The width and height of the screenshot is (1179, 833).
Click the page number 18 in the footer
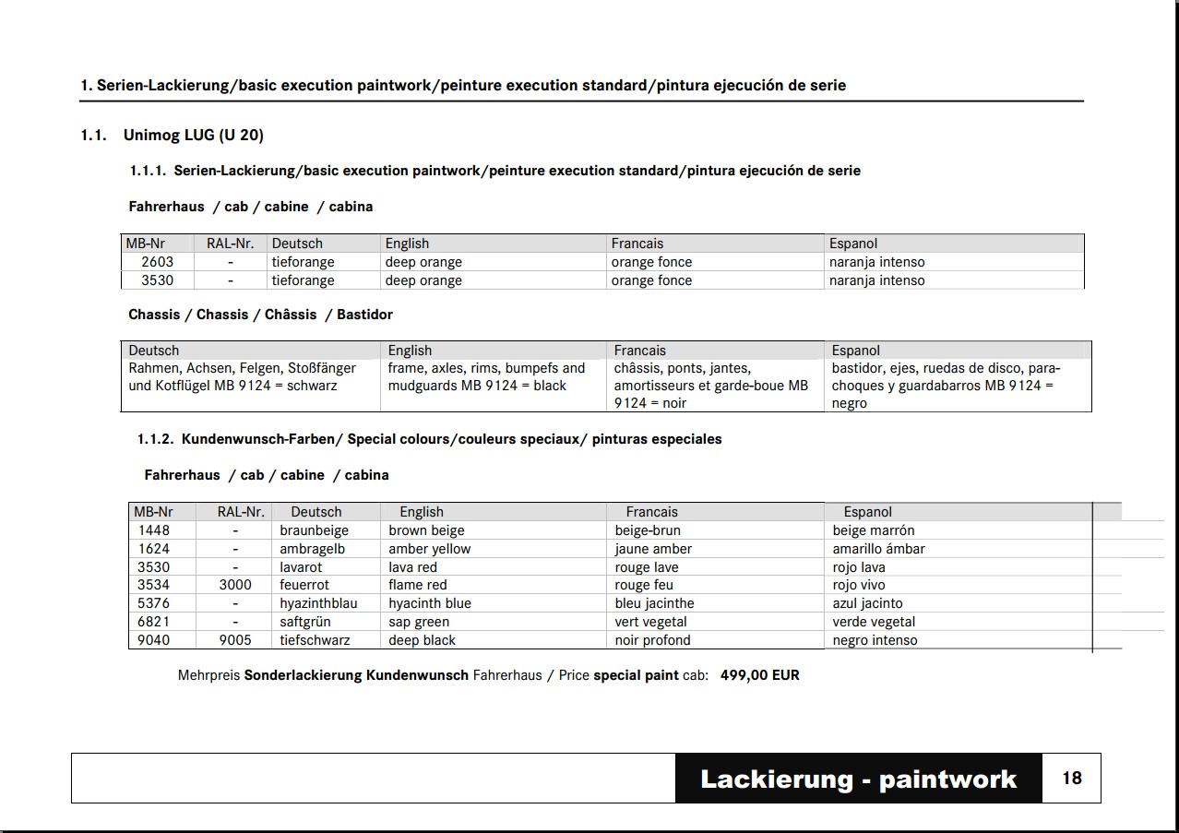click(x=1071, y=779)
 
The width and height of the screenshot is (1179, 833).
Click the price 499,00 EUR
click(x=759, y=675)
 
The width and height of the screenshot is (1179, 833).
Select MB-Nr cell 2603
click(x=157, y=262)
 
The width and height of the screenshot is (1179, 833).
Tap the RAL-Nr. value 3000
click(x=234, y=585)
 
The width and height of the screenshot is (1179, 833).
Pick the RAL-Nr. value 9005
click(x=234, y=640)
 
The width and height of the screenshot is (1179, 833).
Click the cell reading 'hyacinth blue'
click(x=429, y=603)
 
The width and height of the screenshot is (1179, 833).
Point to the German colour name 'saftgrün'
click(x=305, y=622)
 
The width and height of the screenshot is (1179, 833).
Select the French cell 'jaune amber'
click(x=653, y=549)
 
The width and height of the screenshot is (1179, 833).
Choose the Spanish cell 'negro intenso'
click(x=875, y=640)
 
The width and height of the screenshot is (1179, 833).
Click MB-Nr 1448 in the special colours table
click(x=154, y=530)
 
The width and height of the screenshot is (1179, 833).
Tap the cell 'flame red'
click(x=417, y=585)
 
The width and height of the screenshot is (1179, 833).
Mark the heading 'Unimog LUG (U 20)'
click(x=193, y=136)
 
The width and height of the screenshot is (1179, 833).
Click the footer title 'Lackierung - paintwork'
click(x=858, y=779)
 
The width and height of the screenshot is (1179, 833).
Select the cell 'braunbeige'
click(x=314, y=530)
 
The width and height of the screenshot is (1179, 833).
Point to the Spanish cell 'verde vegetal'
click(x=874, y=622)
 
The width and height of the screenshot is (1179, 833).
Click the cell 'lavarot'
click(x=301, y=567)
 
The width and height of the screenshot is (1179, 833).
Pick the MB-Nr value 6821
click(x=154, y=622)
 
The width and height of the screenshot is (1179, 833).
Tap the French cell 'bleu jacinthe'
click(x=654, y=603)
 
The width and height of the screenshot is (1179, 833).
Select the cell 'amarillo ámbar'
click(x=878, y=549)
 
